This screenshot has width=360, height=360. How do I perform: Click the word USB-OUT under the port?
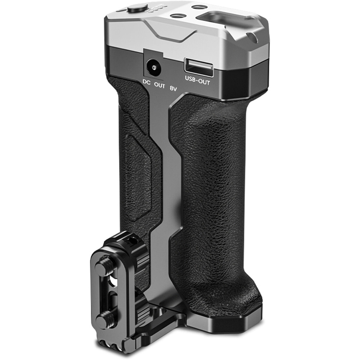pyautogui.click(x=198, y=80)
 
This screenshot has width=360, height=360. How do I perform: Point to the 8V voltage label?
pyautogui.click(x=173, y=89)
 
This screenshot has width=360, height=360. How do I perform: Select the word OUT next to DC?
pyautogui.click(x=159, y=86)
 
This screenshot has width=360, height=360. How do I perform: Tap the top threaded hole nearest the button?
pyautogui.click(x=177, y=16)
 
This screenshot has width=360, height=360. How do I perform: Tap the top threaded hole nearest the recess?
pyautogui.click(x=198, y=7)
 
